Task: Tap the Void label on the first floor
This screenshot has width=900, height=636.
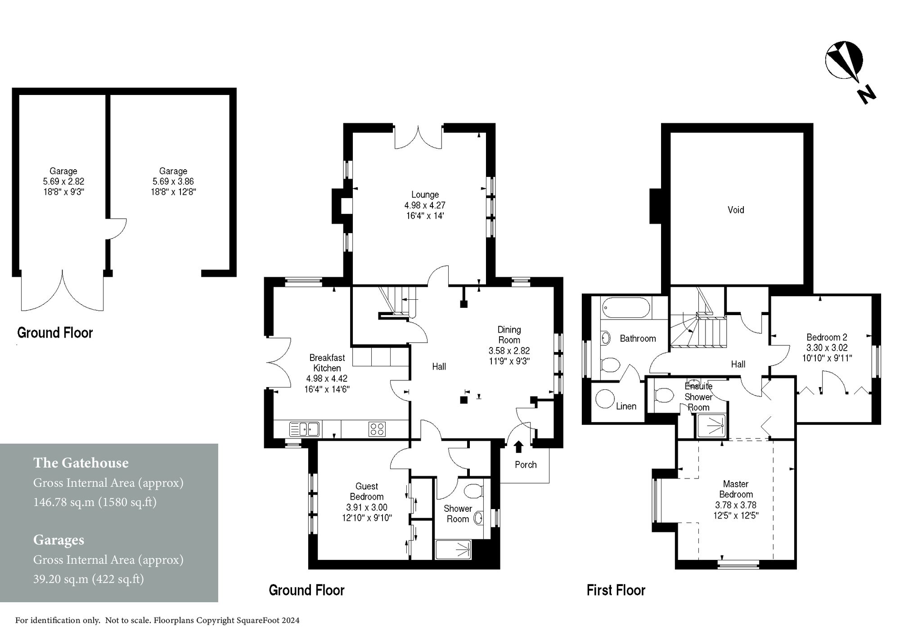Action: click(x=736, y=210)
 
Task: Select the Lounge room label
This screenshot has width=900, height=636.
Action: click(x=425, y=194)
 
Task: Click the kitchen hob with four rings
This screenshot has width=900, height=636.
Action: click(x=377, y=429)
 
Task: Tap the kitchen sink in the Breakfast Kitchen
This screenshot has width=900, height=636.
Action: click(x=304, y=429)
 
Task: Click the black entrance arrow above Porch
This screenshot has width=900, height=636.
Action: click(x=518, y=447)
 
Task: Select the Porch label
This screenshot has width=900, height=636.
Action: click(x=526, y=465)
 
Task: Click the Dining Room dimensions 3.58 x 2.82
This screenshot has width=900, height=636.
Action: click(x=509, y=351)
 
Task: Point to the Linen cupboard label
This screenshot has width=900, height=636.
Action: click(x=626, y=406)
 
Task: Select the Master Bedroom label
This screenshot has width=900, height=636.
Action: click(x=736, y=489)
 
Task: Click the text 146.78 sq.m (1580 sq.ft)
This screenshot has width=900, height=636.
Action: click(x=95, y=502)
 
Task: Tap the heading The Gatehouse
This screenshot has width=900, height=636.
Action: click(x=81, y=463)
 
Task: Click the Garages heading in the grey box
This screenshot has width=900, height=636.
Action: click(x=58, y=540)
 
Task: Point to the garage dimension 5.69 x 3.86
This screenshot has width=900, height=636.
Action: click(x=173, y=181)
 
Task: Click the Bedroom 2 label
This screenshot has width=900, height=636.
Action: click(x=827, y=337)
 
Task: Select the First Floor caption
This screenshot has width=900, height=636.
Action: click(x=616, y=590)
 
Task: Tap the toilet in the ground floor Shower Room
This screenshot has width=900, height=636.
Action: click(x=473, y=491)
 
